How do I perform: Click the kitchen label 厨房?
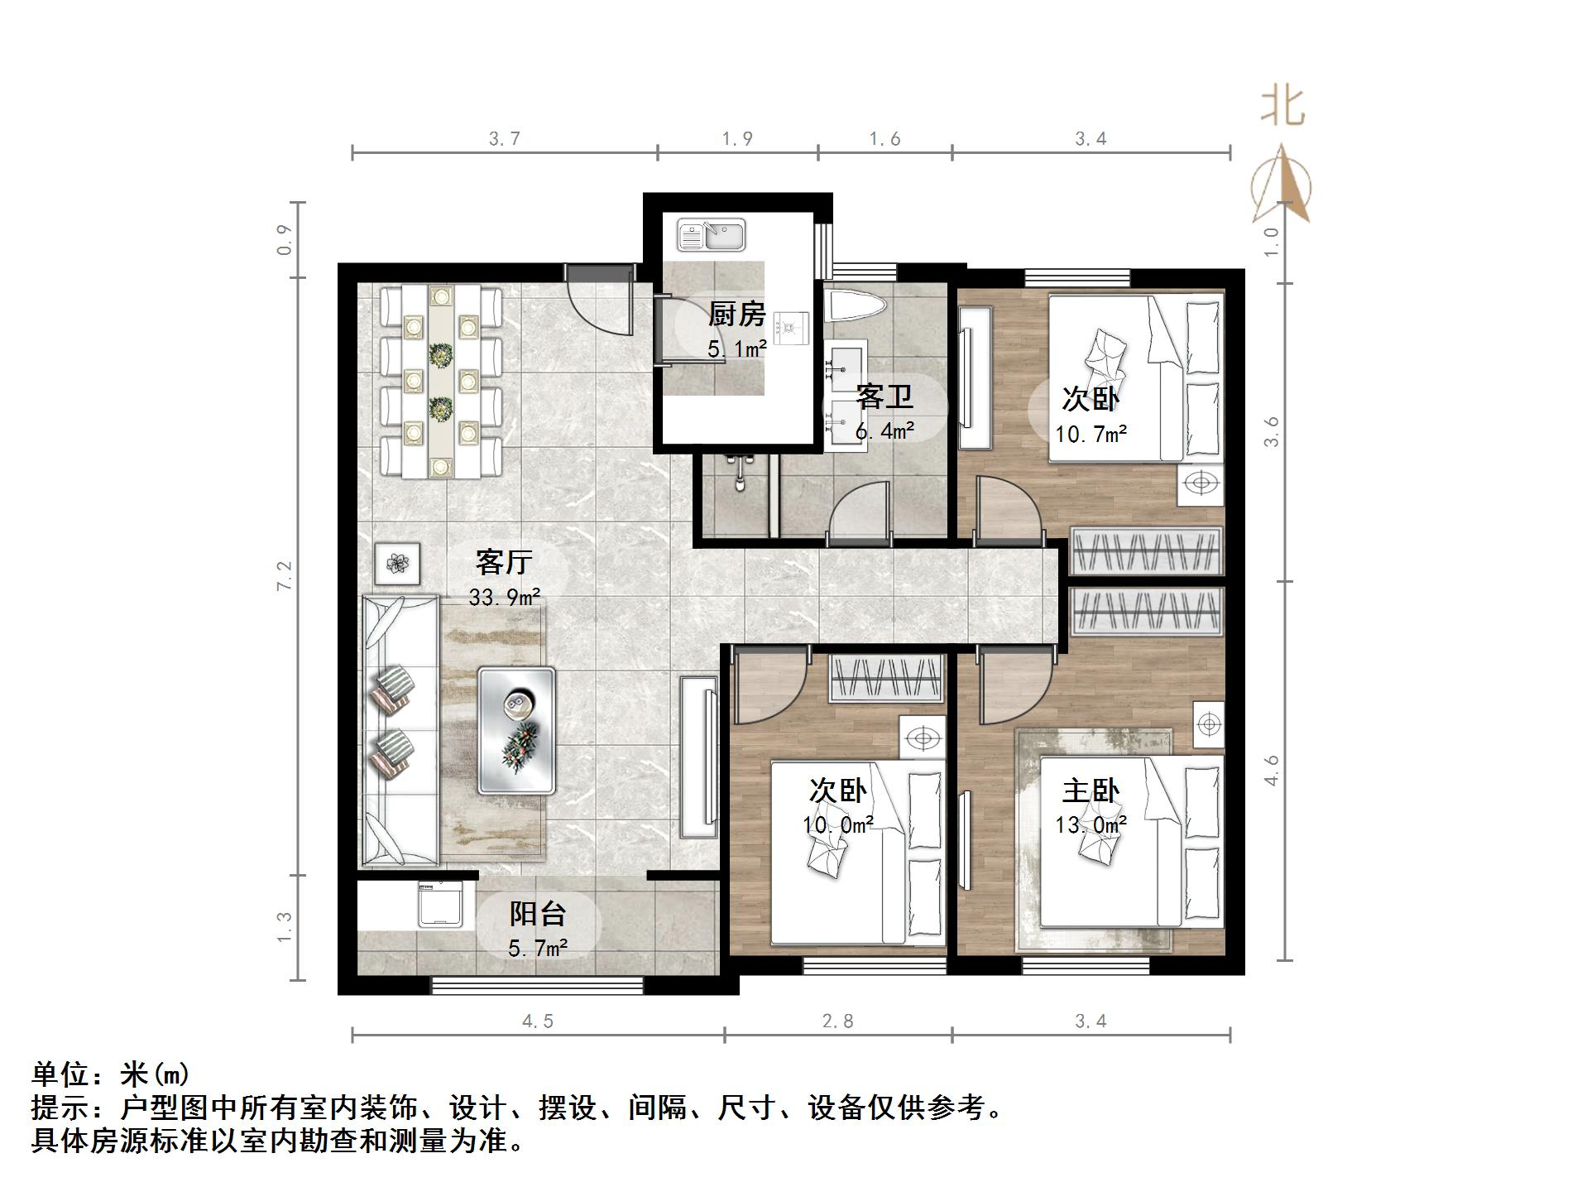point(736,315)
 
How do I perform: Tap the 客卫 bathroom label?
point(884,396)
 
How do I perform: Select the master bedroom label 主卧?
point(1091,791)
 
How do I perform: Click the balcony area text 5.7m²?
point(538,948)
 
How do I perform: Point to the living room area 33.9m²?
point(504,597)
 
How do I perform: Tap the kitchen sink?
point(712,235)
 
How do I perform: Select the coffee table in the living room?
point(516,731)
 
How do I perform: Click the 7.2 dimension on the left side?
point(285,576)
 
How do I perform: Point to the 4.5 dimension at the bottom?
point(538,1021)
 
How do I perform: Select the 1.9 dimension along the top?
point(736,139)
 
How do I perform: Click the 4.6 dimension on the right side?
point(1272,771)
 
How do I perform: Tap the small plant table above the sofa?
point(398,565)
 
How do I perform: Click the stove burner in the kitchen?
point(793,328)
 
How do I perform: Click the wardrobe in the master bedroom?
point(1147,613)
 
